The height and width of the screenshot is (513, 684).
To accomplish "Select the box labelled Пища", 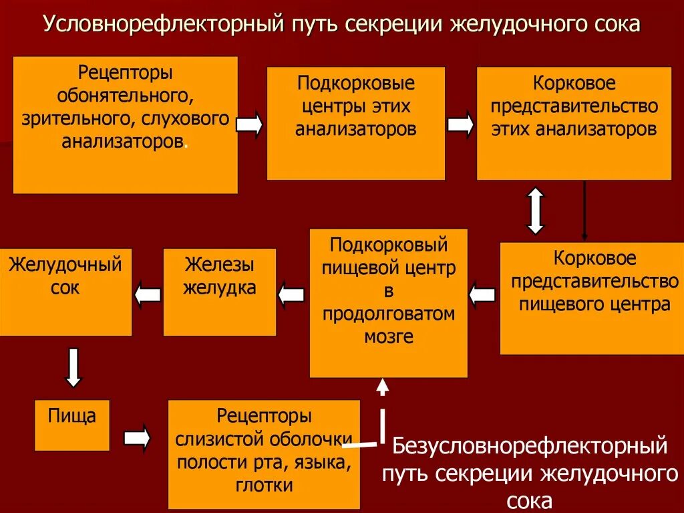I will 71,425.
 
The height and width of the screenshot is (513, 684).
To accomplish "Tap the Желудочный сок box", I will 65,292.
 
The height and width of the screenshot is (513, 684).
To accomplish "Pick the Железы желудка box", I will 219,292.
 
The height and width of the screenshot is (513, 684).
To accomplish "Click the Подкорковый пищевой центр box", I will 388,302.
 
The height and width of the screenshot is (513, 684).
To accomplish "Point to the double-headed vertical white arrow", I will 536,211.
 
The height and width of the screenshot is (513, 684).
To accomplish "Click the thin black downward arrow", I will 584,211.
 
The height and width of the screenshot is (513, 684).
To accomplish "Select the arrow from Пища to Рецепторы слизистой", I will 138,437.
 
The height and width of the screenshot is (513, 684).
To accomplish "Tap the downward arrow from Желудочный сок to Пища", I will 73,367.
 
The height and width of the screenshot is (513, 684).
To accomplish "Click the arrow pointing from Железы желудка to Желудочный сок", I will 147,294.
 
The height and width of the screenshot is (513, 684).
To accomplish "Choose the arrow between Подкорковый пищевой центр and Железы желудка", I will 291,294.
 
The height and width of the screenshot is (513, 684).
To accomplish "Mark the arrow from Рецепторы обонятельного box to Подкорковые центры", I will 250,125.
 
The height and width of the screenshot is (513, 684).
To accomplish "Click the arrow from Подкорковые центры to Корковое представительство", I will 460,125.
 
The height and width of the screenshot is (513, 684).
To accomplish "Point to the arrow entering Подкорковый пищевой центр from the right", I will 482,294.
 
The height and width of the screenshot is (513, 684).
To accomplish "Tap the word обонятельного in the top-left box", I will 125,97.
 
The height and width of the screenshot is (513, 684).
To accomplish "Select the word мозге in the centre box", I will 388,336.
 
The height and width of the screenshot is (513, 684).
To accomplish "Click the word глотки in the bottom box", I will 264,486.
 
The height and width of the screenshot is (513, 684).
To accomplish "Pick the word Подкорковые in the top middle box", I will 356,84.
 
